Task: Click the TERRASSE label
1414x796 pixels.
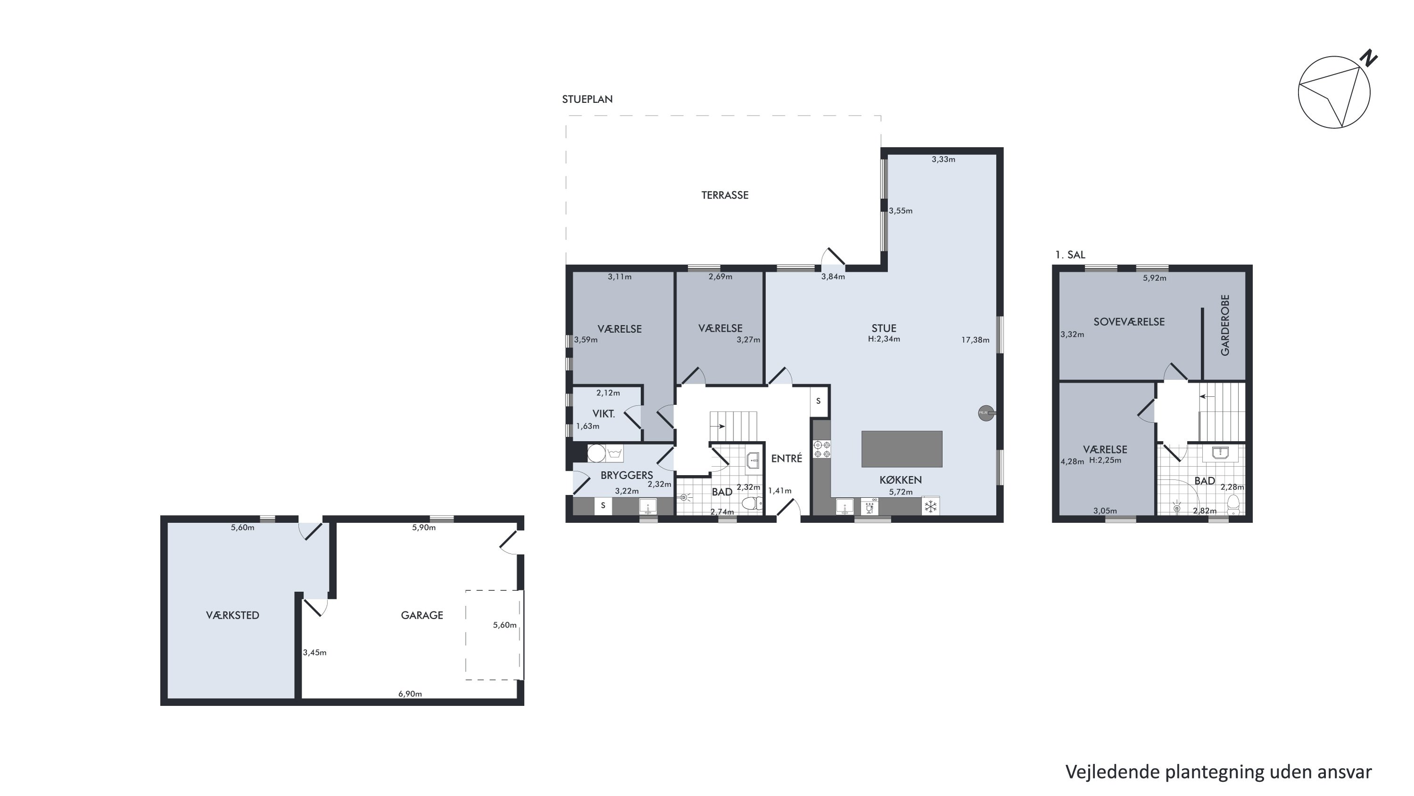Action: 724,195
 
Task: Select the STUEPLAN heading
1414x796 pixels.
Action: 587,100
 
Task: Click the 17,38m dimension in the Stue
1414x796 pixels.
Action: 975,340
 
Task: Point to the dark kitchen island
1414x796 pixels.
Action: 902,449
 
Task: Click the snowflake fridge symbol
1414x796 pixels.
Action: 930,506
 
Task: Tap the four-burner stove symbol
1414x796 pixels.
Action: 822,449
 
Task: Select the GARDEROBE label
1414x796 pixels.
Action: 1225,325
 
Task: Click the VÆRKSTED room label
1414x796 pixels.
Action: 232,615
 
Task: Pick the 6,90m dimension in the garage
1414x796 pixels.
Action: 410,694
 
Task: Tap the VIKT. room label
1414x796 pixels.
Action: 603,414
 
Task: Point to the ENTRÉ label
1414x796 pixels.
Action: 787,458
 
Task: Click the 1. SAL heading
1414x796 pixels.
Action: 1070,255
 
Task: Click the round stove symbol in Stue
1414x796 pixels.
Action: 986,413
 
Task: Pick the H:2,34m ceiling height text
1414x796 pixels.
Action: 884,339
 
